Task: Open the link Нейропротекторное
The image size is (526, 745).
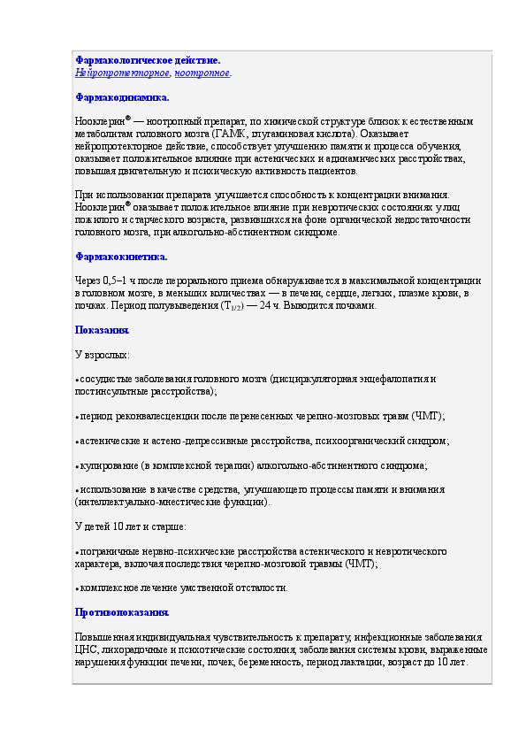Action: coord(122,73)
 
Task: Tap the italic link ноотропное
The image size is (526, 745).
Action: coord(202,73)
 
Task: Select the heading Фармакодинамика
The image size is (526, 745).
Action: coord(121,97)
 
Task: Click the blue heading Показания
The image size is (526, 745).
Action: coord(102,330)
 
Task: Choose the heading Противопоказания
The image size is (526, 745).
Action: coord(121,612)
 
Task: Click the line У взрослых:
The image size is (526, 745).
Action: coord(102,355)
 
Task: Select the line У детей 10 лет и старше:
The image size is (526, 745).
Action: coord(131,526)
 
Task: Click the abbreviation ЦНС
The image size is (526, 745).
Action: coord(86,649)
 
